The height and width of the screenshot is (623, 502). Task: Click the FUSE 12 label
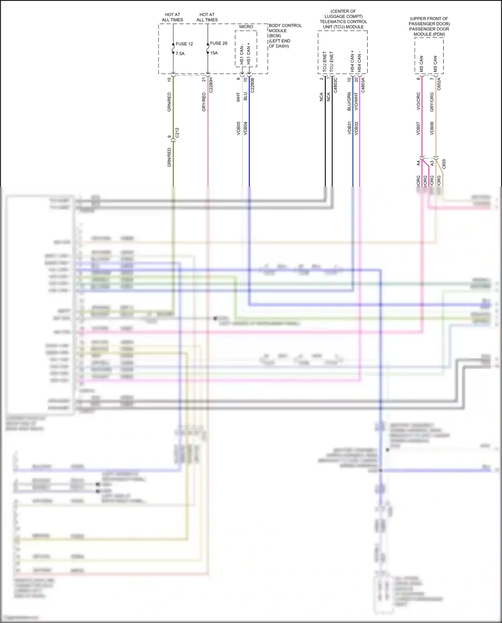click(184, 44)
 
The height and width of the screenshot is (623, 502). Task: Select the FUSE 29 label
click(219, 43)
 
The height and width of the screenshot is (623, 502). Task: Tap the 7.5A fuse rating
click(180, 54)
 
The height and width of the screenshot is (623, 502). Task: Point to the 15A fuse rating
click(214, 53)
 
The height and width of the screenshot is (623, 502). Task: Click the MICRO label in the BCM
click(246, 27)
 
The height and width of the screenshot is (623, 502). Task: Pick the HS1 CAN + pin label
click(249, 54)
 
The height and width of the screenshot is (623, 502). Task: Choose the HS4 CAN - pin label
click(359, 62)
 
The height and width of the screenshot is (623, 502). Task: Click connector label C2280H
click(211, 85)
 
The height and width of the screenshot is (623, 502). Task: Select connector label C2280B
click(252, 85)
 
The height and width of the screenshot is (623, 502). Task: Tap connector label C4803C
click(335, 85)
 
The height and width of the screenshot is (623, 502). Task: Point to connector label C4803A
click(363, 85)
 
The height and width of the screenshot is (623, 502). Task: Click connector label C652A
click(439, 84)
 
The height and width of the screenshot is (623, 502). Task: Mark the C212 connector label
click(177, 133)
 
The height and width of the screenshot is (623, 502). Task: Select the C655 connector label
click(444, 164)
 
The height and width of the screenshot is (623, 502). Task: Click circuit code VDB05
click(239, 128)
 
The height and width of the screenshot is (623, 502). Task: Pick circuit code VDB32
click(356, 128)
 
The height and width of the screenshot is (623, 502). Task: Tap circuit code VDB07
click(418, 128)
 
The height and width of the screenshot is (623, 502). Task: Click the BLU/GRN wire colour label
click(349, 101)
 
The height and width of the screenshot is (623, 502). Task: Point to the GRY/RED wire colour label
click(204, 102)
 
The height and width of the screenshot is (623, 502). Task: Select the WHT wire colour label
click(239, 97)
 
